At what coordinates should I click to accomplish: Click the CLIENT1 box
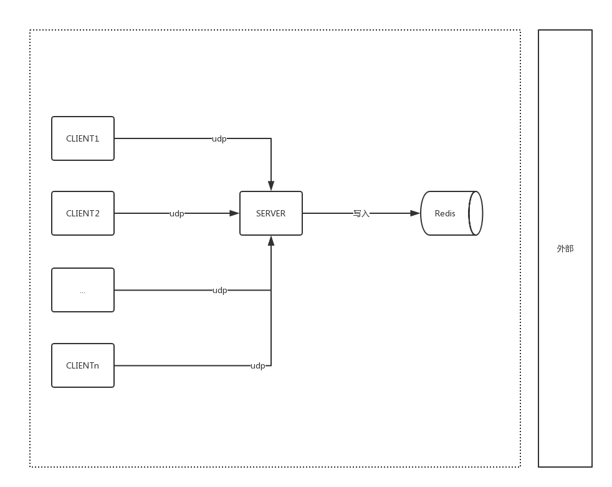[83, 138]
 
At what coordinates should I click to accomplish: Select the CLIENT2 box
[83, 213]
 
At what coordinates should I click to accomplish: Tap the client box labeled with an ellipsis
[83, 290]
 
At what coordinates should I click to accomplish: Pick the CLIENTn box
[83, 365]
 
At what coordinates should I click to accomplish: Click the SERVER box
[271, 213]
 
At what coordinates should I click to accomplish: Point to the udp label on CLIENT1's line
[219, 139]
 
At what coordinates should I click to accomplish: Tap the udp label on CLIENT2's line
[177, 214]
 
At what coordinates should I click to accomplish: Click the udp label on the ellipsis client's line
[220, 291]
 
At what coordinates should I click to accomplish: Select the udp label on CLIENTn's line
[257, 366]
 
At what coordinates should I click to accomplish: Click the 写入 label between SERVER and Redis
[361, 214]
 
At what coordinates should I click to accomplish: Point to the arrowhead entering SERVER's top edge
[271, 186]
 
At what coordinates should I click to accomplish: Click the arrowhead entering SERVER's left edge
[234, 213]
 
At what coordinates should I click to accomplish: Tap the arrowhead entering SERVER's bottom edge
[271, 241]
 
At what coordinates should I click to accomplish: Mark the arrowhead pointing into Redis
[415, 213]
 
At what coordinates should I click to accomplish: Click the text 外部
[565, 248]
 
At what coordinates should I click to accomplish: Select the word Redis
[445, 213]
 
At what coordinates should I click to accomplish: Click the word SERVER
[271, 213]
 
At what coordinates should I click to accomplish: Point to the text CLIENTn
[83, 365]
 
